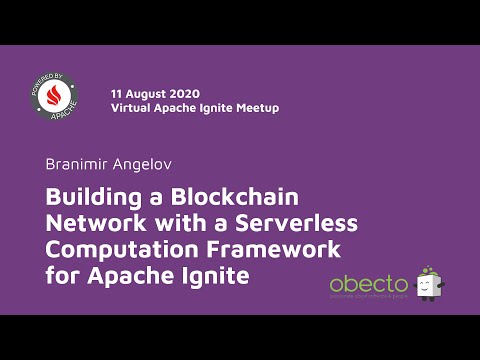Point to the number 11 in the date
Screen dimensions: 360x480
tap(116, 92)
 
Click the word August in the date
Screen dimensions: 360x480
tap(146, 92)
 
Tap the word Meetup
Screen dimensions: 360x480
tap(257, 107)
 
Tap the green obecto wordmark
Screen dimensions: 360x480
tap(368, 284)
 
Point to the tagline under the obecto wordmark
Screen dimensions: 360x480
tap(370, 297)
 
